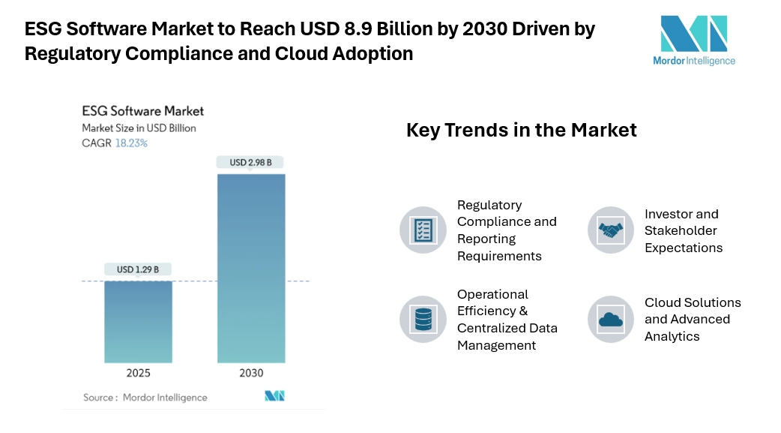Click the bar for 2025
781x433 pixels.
click(x=138, y=321)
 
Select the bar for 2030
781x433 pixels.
click(x=251, y=268)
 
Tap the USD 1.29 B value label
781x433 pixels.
click(x=138, y=269)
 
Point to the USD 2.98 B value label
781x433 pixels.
click(x=250, y=162)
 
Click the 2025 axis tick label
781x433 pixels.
click(x=138, y=373)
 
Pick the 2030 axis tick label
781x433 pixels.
click(x=251, y=373)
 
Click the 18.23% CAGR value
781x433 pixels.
click(x=131, y=143)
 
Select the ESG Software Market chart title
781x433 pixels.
click(x=142, y=111)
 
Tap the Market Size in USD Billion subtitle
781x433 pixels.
click(x=139, y=128)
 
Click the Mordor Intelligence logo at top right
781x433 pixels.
click(x=693, y=41)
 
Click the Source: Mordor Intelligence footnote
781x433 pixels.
click(x=145, y=397)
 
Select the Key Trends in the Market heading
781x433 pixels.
click(x=521, y=130)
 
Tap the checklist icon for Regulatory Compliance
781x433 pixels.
click(x=423, y=230)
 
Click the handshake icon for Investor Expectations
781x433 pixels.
click(x=610, y=230)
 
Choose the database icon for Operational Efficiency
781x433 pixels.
click(x=423, y=319)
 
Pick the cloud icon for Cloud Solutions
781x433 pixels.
click(x=610, y=319)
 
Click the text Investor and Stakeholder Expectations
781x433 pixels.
click(x=683, y=230)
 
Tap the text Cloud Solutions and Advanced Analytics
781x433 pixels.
click(x=692, y=319)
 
